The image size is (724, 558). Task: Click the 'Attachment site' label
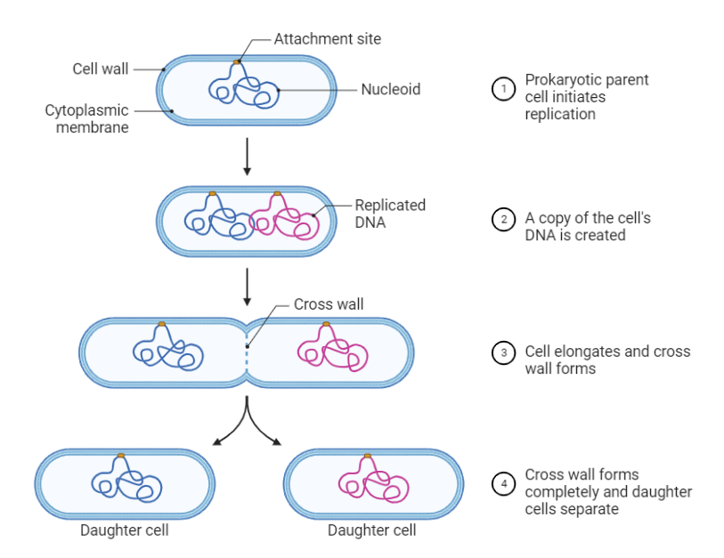pos(327,39)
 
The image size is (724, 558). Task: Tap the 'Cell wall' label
pos(100,69)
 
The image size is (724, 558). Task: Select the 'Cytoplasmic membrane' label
pos(86,119)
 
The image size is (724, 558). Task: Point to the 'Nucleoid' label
pos(390,89)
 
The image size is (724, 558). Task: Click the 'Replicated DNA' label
pos(389,214)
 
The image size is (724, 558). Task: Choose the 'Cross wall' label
pos(328,304)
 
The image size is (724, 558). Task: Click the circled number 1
pos(504,89)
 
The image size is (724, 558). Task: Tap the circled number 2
pos(504,219)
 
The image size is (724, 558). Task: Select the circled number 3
pos(504,352)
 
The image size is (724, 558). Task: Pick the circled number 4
pos(504,484)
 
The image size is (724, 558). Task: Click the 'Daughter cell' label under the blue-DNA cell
pos(124,531)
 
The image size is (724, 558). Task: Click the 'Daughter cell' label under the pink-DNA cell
pos(371,531)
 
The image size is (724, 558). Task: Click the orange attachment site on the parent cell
pos(237,61)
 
